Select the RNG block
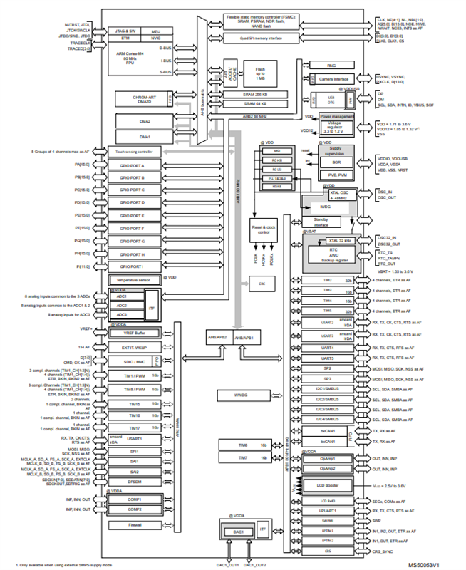(x=331, y=65)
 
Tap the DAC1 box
(x=239, y=532)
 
